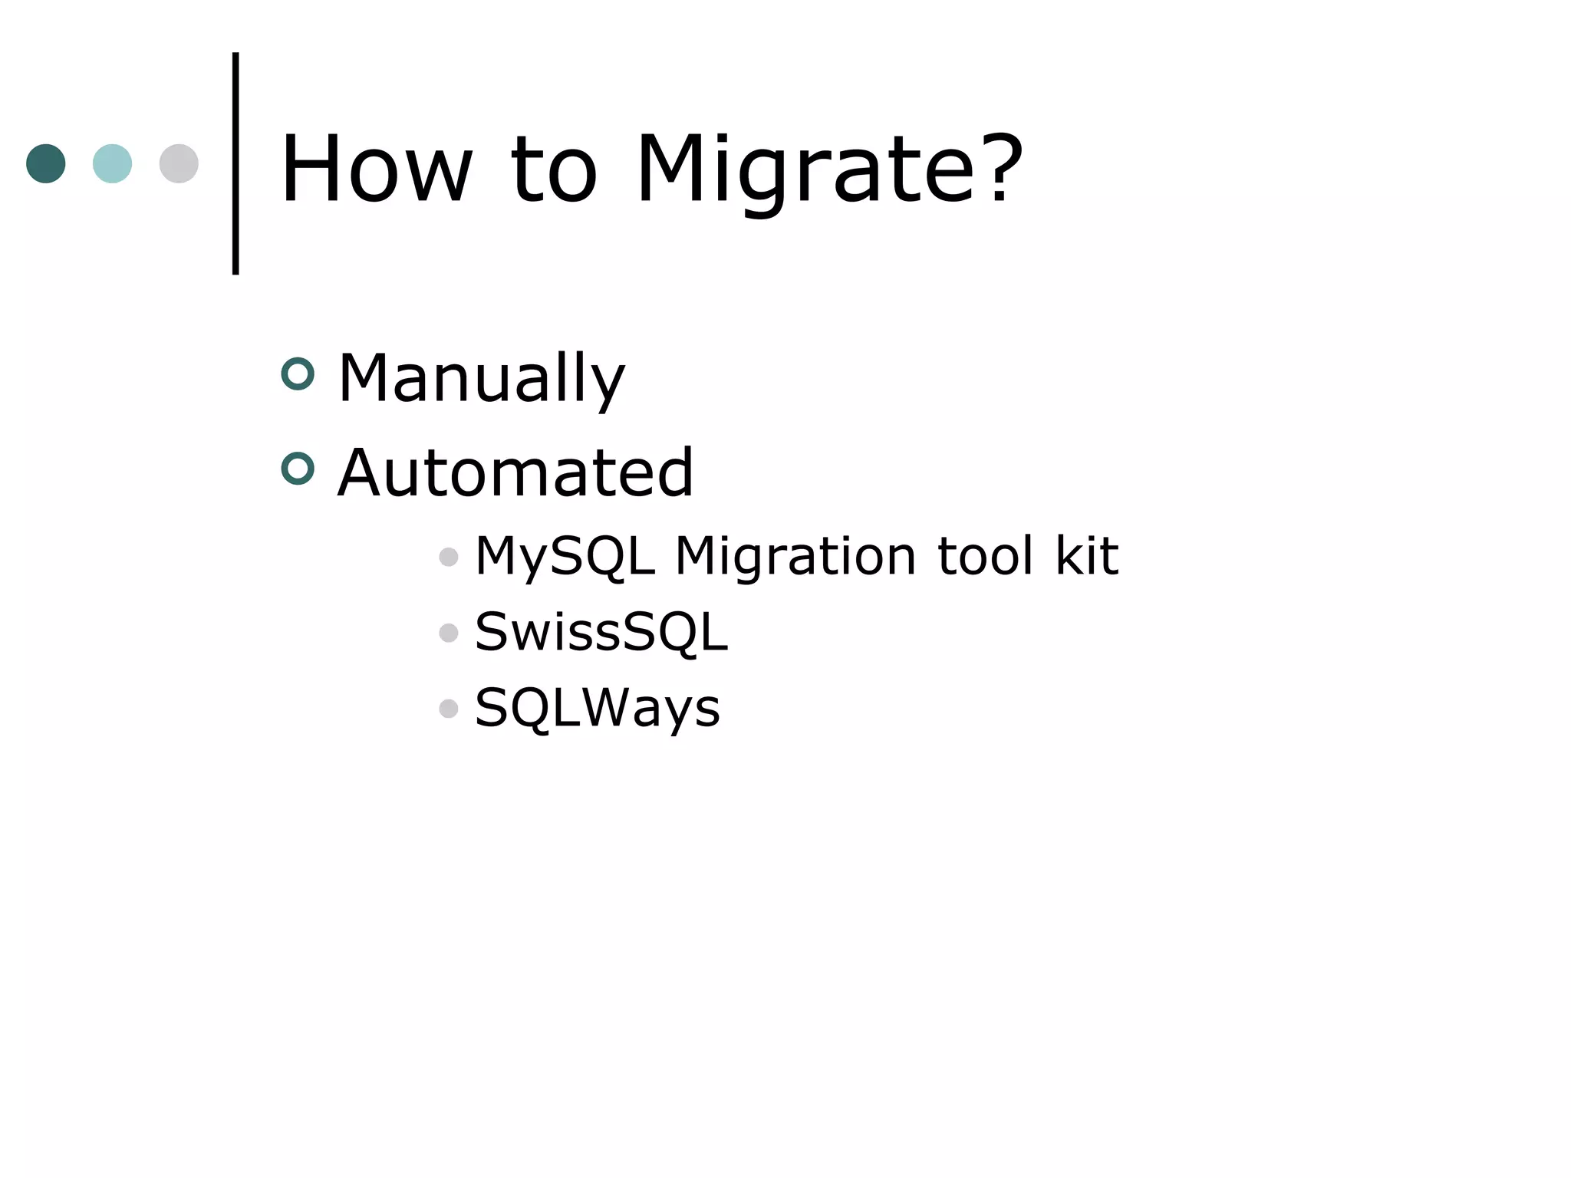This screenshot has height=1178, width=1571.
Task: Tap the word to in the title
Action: coord(553,170)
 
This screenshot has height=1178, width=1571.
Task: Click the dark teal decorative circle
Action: coord(46,163)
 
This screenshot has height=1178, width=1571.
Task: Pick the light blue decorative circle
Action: coord(112,163)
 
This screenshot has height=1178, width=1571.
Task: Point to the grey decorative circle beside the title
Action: coord(179,163)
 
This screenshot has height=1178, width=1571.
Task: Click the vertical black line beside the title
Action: coord(235,163)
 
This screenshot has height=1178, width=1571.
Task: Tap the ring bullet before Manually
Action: coord(298,374)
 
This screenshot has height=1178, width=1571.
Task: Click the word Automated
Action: coord(515,472)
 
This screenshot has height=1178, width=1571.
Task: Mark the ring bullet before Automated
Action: coord(298,469)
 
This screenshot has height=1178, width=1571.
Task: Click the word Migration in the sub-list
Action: coord(795,556)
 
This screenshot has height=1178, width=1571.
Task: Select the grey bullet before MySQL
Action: coord(449,557)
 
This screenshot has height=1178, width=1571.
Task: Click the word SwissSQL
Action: coord(601,633)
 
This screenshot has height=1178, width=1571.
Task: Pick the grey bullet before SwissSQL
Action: coord(449,633)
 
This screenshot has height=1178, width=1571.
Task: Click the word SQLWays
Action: coord(598,708)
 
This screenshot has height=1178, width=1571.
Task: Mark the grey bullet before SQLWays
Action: coord(449,709)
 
